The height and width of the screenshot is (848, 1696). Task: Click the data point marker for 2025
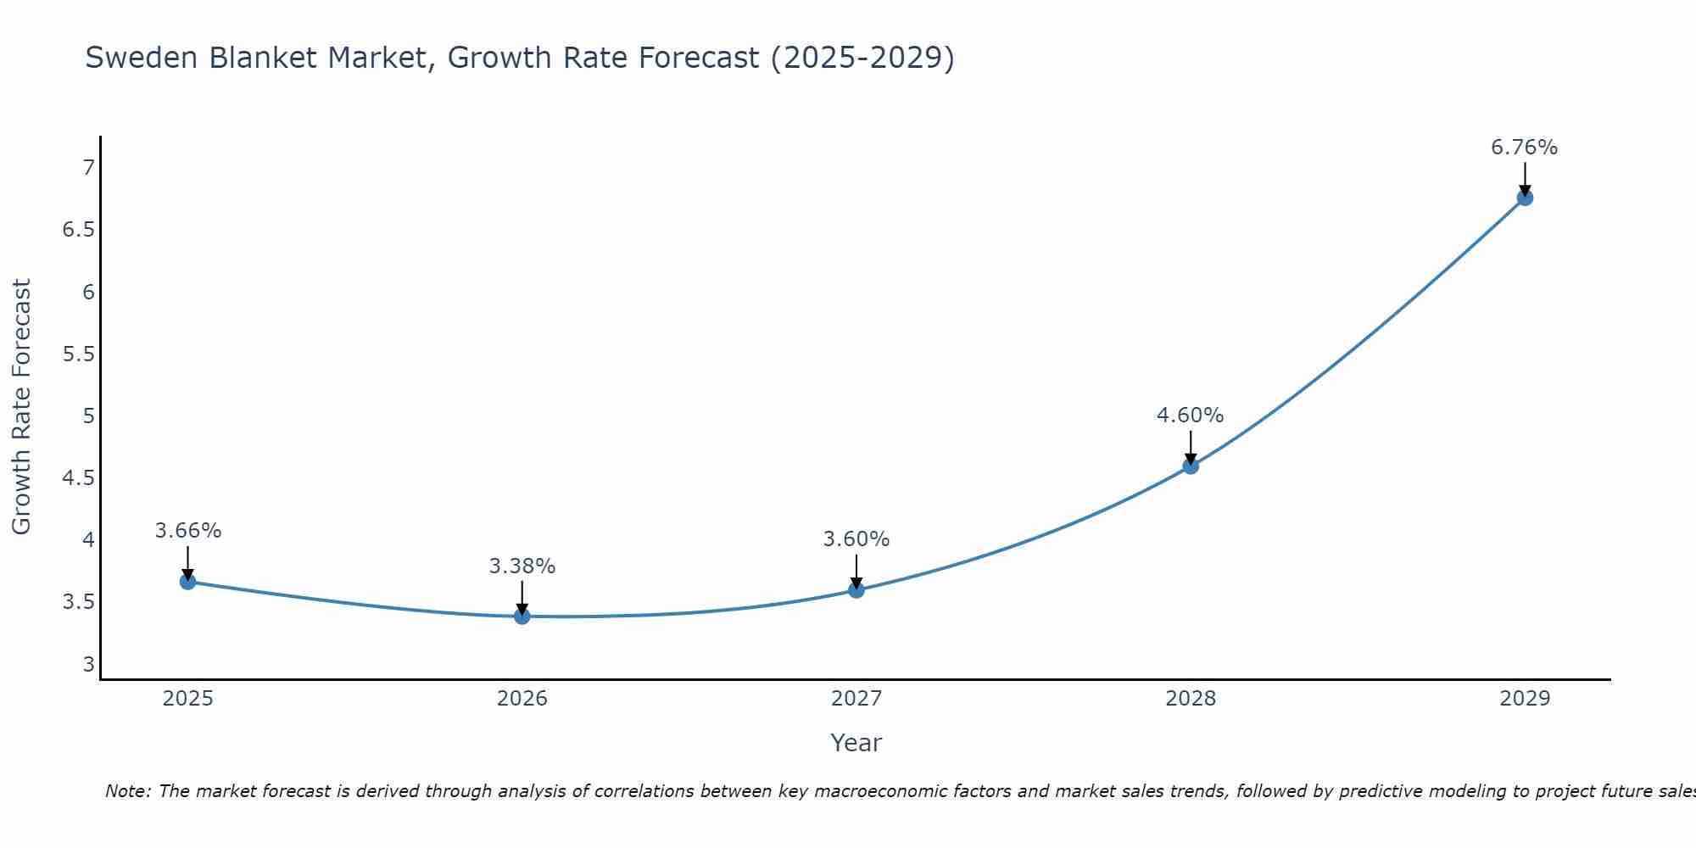(x=188, y=582)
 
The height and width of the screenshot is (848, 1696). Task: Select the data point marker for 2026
(x=522, y=616)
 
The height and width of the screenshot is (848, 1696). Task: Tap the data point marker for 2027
(x=856, y=589)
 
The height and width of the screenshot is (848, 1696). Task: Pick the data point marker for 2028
(x=1191, y=466)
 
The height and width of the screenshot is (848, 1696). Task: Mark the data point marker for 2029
(x=1525, y=198)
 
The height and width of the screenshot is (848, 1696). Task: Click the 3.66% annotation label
(x=188, y=531)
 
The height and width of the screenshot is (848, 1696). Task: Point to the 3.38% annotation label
(x=522, y=566)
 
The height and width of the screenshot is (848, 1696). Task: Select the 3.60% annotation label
(x=856, y=539)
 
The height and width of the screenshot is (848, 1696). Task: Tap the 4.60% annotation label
(x=1191, y=416)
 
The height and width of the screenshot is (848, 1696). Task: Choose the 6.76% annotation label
(x=1525, y=148)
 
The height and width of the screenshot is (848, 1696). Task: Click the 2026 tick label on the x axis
(x=522, y=699)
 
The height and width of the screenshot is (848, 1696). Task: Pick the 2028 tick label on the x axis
(x=1191, y=699)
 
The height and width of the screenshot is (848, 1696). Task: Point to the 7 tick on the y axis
(x=88, y=168)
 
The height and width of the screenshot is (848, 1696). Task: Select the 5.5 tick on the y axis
(x=79, y=354)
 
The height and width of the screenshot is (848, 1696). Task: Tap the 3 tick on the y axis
(x=88, y=664)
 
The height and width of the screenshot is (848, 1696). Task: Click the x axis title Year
(x=856, y=743)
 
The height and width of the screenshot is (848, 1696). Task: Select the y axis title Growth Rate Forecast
(x=22, y=407)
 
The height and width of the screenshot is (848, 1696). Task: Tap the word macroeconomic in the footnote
(x=930, y=791)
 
